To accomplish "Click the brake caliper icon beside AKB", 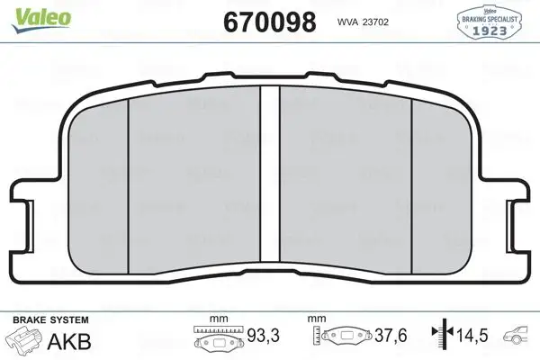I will point(24,341).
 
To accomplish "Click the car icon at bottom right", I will point(521,336).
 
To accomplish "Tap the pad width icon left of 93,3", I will point(216,340).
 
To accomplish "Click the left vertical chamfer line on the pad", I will point(129,180).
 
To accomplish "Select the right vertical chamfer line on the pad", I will point(411,180).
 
